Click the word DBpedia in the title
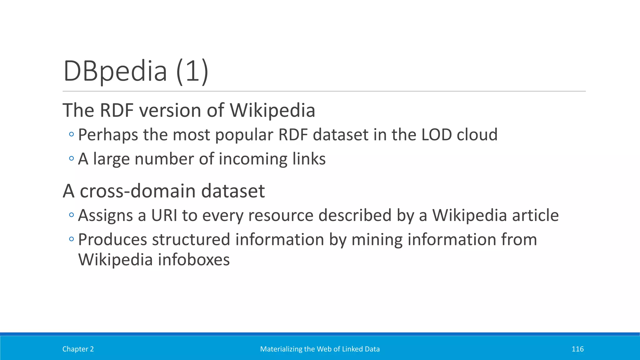click(x=115, y=72)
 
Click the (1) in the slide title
click(x=192, y=72)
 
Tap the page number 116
click(x=577, y=349)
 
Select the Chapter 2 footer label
click(x=78, y=349)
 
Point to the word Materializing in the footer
click(x=279, y=349)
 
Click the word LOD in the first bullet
click(x=437, y=135)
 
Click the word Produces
click(x=112, y=240)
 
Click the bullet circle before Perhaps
click(x=72, y=134)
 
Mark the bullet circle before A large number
click(x=72, y=158)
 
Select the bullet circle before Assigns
click(x=72, y=215)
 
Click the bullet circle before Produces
click(x=72, y=239)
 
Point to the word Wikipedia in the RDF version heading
click(x=272, y=110)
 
